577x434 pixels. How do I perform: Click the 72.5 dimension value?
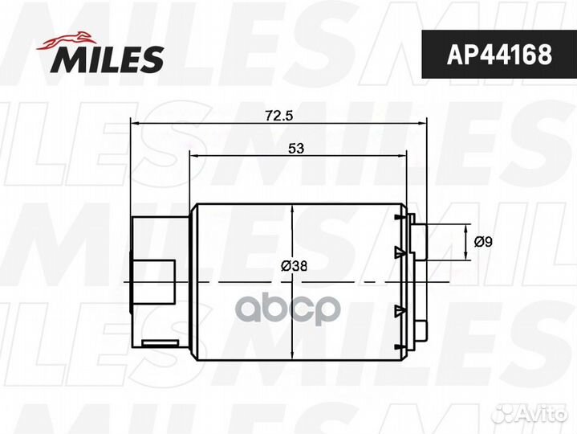278,116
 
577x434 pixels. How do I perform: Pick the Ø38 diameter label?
295,266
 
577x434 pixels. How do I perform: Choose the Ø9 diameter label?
482,240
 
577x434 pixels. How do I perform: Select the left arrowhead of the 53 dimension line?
193,155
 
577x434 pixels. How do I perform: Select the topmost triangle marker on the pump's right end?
399,217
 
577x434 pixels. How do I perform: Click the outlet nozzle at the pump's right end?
419,242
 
